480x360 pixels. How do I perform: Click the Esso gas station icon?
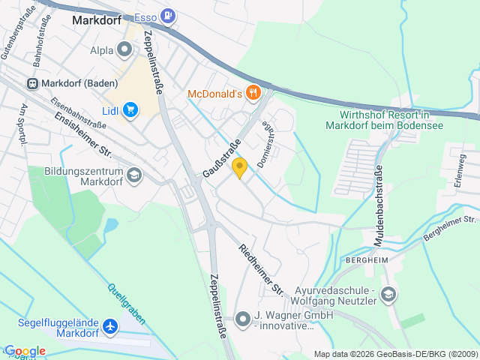(x=169, y=15)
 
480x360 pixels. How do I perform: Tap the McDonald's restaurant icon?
(x=254, y=93)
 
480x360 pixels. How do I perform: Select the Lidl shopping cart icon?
(x=131, y=110)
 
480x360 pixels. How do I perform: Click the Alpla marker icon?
(x=125, y=49)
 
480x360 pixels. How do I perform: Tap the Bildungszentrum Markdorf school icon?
(x=133, y=175)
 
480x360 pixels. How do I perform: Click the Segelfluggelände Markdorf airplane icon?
(x=111, y=326)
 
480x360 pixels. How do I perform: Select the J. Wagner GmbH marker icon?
(x=242, y=319)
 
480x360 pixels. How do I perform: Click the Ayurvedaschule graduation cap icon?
(x=388, y=293)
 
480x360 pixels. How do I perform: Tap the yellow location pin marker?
(x=239, y=168)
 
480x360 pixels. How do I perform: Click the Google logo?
(x=25, y=351)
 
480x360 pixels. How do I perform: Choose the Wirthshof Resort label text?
(x=384, y=120)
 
